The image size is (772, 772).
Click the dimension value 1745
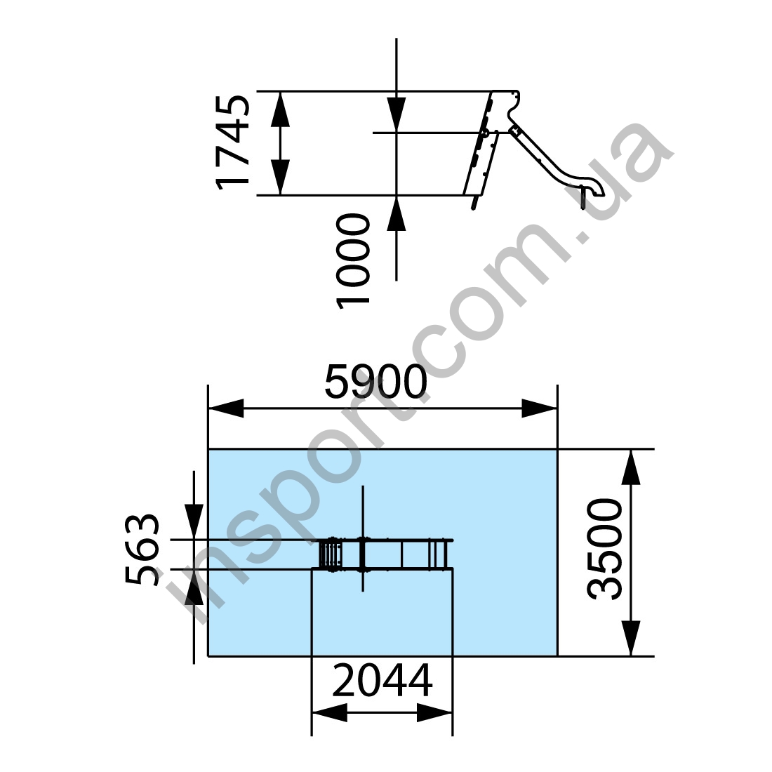pyautogui.click(x=233, y=142)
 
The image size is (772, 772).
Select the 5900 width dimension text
pyautogui.click(x=375, y=382)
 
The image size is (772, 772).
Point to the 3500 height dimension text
pyautogui.click(x=605, y=549)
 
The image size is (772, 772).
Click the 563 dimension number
pyautogui.click(x=142, y=549)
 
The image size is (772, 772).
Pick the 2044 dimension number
pyautogui.click(x=382, y=681)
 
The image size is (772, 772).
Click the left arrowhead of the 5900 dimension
pyautogui.click(x=226, y=408)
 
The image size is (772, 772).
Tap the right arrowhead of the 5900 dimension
pyautogui.click(x=539, y=408)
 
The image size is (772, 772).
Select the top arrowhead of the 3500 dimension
pyautogui.click(x=631, y=467)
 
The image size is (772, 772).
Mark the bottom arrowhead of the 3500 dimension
pyautogui.click(x=631, y=638)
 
